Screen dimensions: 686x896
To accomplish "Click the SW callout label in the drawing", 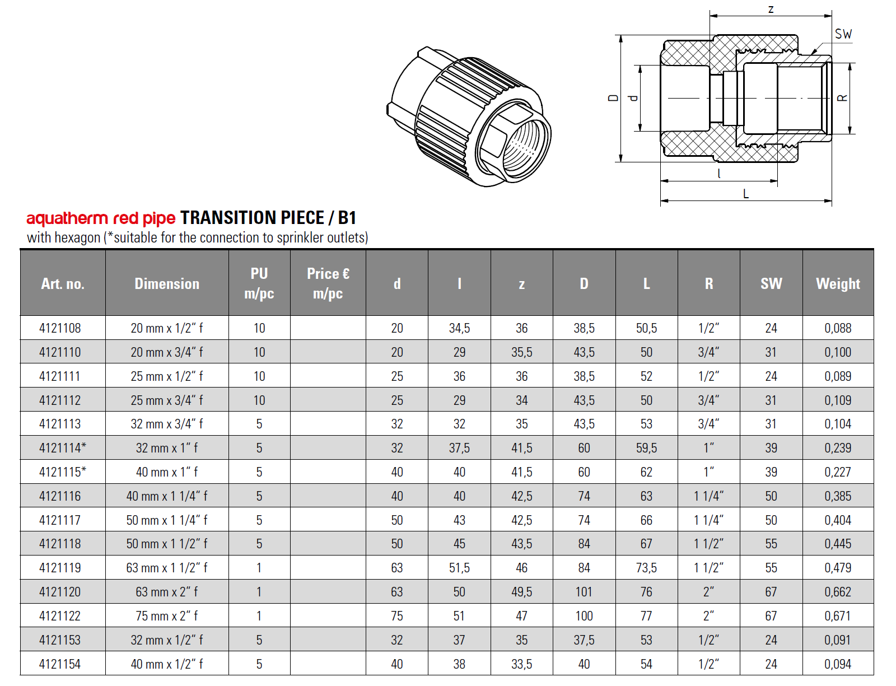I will pyautogui.click(x=843, y=34).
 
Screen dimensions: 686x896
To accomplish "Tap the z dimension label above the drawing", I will pyautogui.click(x=771, y=9).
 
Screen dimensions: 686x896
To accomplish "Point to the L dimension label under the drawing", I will pyautogui.click(x=745, y=194).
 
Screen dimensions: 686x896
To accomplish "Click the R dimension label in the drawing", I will pyautogui.click(x=842, y=98).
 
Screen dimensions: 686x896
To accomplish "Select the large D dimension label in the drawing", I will pyautogui.click(x=613, y=98).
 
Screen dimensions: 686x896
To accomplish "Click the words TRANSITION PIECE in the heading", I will pyautogui.click(x=252, y=217).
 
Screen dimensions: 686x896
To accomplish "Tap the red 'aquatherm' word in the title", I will pyautogui.click(x=67, y=218).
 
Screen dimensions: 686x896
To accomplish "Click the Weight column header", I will pyautogui.click(x=837, y=283).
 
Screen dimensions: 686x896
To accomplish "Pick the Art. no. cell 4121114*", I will pyautogui.click(x=62, y=448).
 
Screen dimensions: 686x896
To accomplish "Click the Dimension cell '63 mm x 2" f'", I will pyautogui.click(x=166, y=592).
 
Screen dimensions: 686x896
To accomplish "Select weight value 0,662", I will pyautogui.click(x=837, y=592).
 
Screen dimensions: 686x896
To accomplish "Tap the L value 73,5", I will pyautogui.click(x=646, y=568).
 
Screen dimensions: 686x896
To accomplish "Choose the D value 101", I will pyautogui.click(x=584, y=592).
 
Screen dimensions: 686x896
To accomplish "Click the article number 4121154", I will pyautogui.click(x=60, y=664).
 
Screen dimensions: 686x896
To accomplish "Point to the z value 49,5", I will pyautogui.click(x=521, y=592).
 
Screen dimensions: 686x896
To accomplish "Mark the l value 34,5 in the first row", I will pyautogui.click(x=459, y=328).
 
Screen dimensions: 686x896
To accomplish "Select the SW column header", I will pyautogui.click(x=771, y=283).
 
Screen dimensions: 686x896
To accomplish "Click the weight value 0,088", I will pyautogui.click(x=837, y=328).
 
